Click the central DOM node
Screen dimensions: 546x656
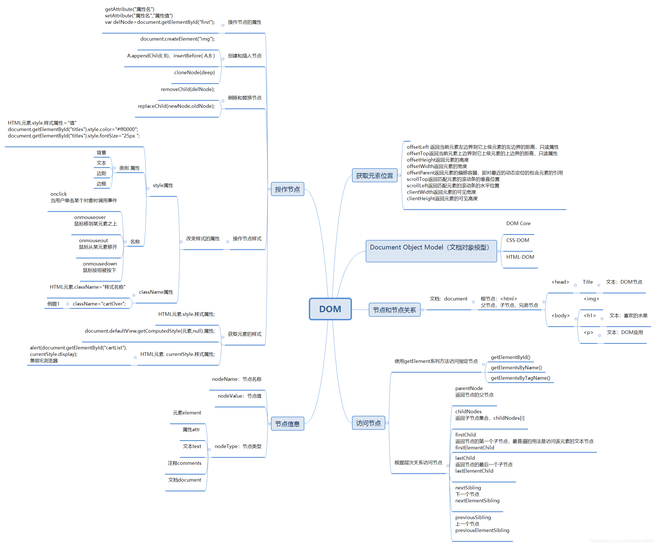click(x=330, y=309)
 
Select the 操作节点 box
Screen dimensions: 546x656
click(x=288, y=189)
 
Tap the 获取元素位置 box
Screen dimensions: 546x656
click(x=375, y=176)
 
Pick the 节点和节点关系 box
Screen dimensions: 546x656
click(x=394, y=310)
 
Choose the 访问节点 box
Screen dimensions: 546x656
click(x=368, y=423)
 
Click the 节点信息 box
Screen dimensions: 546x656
click(x=288, y=424)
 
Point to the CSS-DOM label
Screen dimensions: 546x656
click(x=518, y=240)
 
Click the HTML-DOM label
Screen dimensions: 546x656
click(x=520, y=257)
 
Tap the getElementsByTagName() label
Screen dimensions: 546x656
click(x=520, y=378)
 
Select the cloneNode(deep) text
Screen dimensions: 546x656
click(x=194, y=73)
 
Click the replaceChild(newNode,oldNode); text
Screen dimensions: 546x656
click(x=176, y=106)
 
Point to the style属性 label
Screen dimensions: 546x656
click(x=163, y=185)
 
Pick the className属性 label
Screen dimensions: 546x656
click(x=156, y=292)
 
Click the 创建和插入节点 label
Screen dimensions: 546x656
click(x=245, y=55)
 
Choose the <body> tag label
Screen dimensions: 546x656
click(x=560, y=315)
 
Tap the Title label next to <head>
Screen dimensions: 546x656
click(x=588, y=282)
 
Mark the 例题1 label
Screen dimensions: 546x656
click(x=54, y=304)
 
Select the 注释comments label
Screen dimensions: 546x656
click(x=184, y=463)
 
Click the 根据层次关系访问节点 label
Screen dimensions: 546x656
click(x=418, y=462)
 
